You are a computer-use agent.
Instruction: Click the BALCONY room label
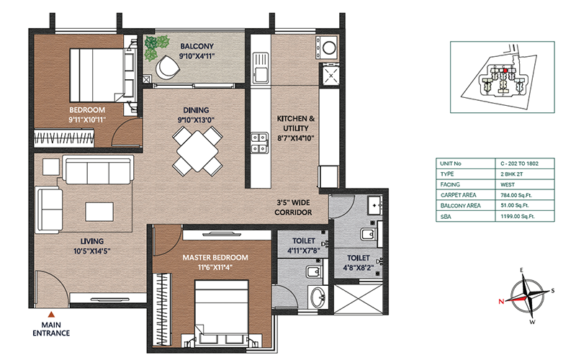coord(197,47)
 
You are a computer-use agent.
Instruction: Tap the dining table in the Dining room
coord(197,151)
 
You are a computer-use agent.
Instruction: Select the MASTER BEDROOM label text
coord(215,258)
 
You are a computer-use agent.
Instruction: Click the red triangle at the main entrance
coord(52,315)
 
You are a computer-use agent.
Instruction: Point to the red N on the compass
coord(501,302)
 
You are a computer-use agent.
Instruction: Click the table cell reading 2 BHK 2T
coord(509,174)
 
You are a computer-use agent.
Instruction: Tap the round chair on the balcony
coord(167,67)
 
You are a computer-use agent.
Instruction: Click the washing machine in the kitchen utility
coord(327,48)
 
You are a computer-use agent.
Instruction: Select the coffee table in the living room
coord(99,212)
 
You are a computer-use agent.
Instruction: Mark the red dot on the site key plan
coord(505,71)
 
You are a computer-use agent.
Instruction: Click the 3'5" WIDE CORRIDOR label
coord(293,207)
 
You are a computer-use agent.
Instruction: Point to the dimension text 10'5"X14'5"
coord(92,251)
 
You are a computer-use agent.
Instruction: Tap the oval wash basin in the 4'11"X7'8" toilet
coord(318,297)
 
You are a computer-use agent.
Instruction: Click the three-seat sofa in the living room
coord(98,170)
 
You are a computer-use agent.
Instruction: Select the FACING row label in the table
coord(450,184)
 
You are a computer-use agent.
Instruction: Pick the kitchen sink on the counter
coord(260,68)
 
